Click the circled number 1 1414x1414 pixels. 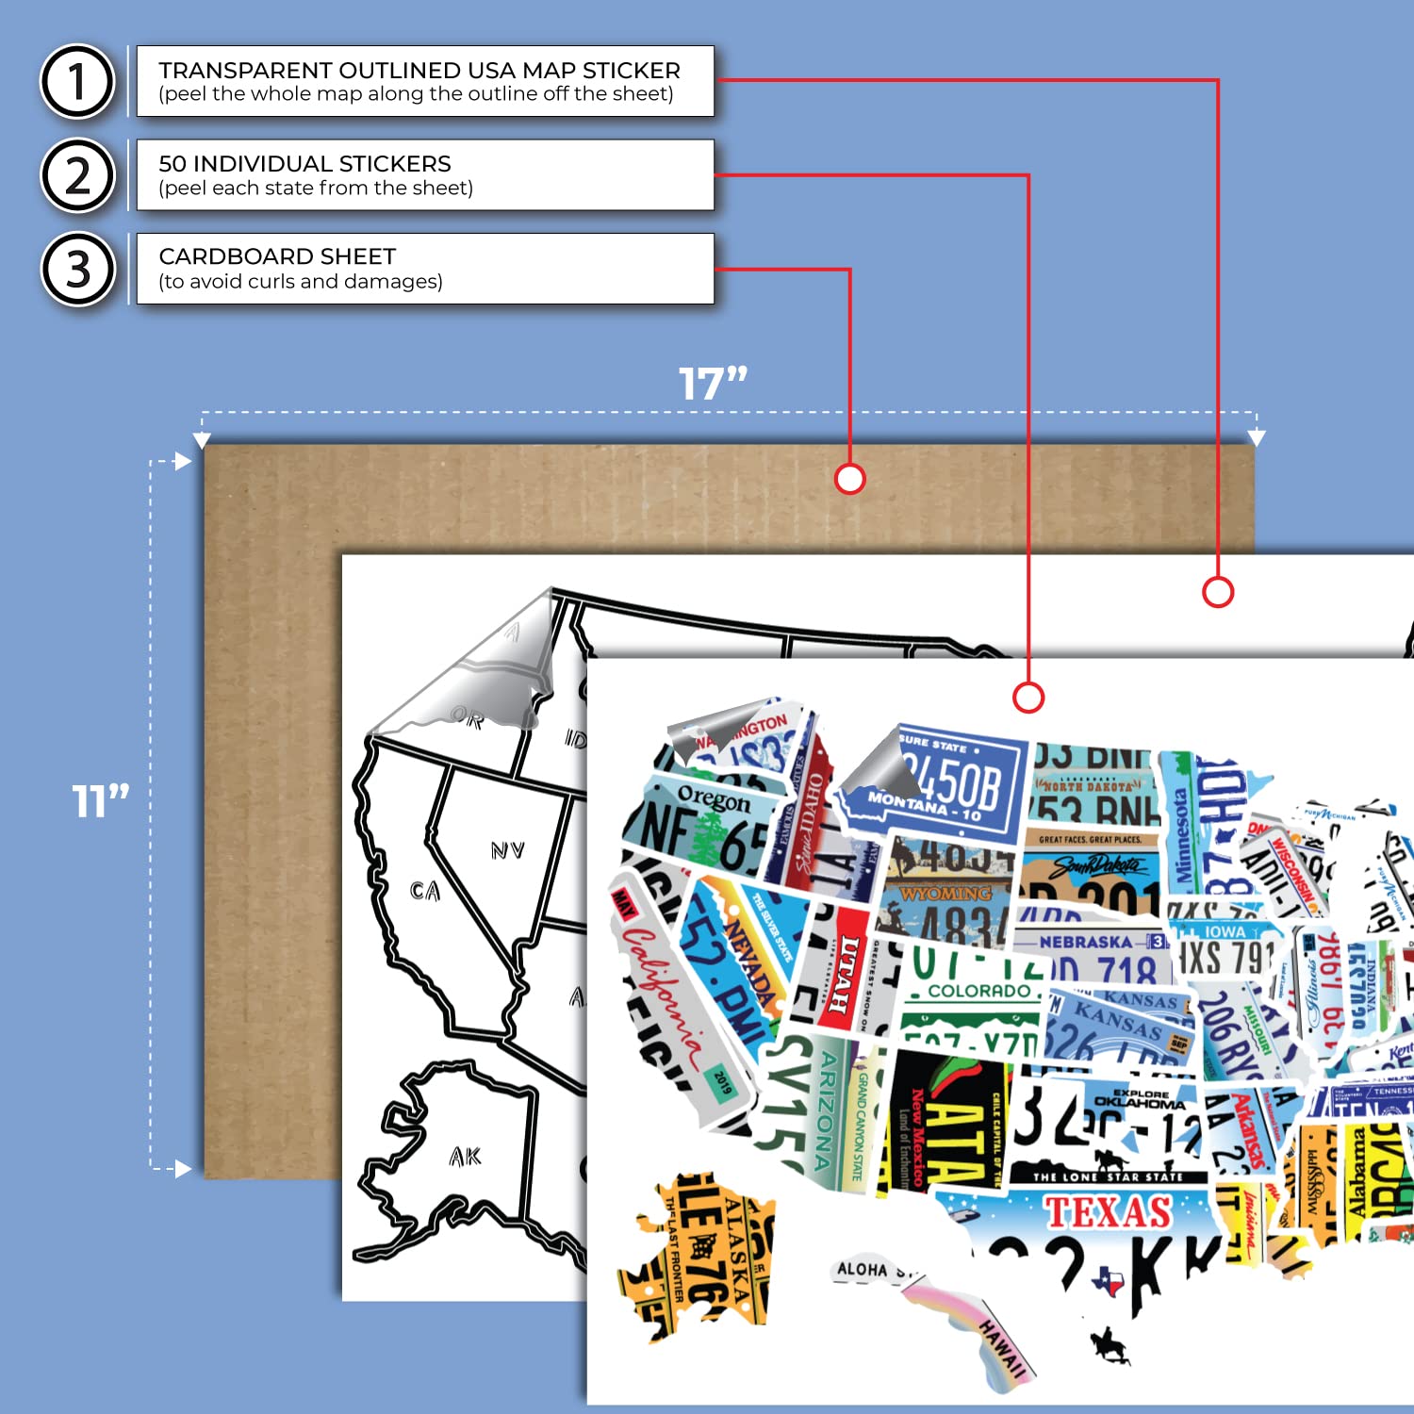[77, 81]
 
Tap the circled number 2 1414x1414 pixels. [77, 175]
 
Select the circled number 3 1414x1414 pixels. [77, 269]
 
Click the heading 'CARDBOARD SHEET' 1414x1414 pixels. [277, 256]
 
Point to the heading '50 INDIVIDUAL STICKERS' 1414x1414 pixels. [304, 163]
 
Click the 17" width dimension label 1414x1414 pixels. [713, 385]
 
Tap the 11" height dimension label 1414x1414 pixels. [101, 801]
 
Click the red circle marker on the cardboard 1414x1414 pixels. [849, 479]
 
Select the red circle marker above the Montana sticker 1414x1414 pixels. [1028, 698]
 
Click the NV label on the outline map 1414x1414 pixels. [507, 851]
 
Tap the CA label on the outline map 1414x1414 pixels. [425, 891]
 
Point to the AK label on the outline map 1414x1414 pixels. [466, 1157]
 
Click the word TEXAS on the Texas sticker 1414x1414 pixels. [1108, 1212]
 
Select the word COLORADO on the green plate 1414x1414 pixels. [979, 991]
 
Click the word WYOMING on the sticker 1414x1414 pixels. [945, 893]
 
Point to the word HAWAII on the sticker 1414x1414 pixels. [1001, 1345]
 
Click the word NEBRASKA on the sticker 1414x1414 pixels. [1085, 942]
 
